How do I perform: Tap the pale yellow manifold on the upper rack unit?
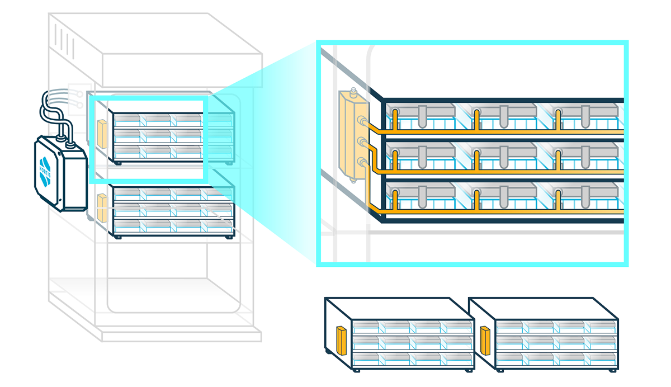(102, 134)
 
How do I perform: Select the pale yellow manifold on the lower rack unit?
(102, 207)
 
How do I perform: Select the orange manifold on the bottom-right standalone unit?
(485, 341)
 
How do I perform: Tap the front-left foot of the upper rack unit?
(117, 163)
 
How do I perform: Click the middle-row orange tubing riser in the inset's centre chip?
(476, 160)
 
